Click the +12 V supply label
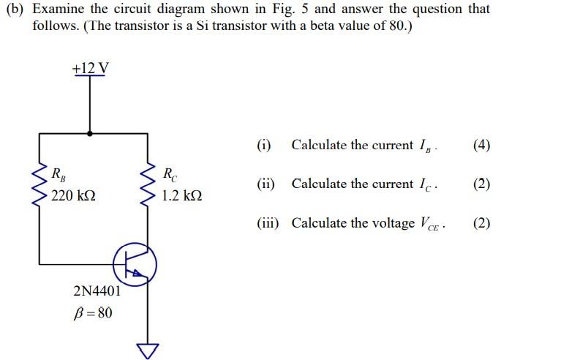tap(91, 69)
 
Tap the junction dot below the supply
tap(90, 134)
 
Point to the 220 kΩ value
tap(73, 196)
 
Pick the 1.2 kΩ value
tap(182, 196)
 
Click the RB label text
tap(57, 174)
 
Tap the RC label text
tap(168, 174)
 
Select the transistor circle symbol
tap(135, 264)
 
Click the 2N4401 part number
tap(98, 291)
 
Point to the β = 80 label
tap(94, 313)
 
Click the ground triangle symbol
tap(150, 350)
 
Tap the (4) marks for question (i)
tap(481, 145)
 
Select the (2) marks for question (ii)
tap(481, 184)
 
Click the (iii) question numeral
tap(268, 223)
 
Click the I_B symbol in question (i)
tap(425, 146)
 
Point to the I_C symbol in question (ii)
tap(426, 184)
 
